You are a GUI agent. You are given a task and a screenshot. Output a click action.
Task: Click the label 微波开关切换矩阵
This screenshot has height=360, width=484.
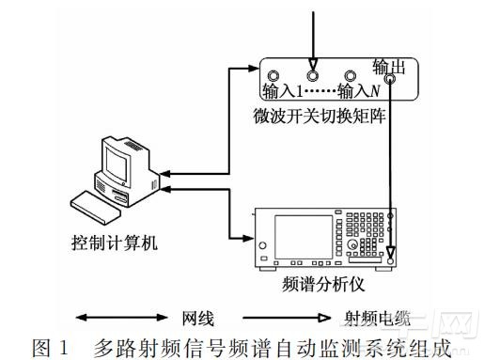[320, 117]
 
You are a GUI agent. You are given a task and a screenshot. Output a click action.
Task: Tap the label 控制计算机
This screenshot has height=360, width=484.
[115, 243]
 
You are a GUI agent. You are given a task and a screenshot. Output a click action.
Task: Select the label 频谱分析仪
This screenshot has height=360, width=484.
[323, 285]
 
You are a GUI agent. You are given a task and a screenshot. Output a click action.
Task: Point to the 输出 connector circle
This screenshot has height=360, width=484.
[390, 78]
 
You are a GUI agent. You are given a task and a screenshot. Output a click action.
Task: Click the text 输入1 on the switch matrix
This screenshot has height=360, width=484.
[283, 91]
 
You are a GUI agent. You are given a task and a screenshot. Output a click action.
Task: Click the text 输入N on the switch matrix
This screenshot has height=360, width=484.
[359, 91]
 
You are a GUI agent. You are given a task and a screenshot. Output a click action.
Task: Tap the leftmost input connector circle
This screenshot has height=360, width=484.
[273, 76]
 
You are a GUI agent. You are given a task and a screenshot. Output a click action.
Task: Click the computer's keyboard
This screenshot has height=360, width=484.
[96, 208]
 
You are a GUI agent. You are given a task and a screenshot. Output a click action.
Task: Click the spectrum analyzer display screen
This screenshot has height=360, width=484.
[304, 237]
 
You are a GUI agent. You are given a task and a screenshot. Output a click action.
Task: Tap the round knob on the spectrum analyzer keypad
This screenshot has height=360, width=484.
[352, 244]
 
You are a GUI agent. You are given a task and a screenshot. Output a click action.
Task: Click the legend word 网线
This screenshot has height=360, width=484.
[198, 319]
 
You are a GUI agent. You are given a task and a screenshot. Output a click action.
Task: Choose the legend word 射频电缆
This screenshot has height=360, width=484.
[377, 319]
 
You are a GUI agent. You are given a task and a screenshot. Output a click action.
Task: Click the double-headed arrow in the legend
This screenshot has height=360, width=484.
[122, 318]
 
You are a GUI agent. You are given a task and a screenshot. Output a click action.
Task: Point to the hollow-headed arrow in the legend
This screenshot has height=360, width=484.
[287, 318]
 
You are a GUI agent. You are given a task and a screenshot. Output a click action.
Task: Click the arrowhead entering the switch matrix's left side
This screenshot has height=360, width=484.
[253, 68]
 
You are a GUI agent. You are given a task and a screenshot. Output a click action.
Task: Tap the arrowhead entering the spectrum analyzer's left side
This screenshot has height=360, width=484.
[248, 238]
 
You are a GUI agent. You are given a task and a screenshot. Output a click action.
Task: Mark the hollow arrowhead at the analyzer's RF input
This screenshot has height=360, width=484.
[390, 252]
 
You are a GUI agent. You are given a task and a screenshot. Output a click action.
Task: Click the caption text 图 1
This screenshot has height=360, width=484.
[50, 348]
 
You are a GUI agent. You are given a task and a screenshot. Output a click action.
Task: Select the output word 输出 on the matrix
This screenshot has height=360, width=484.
[389, 67]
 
